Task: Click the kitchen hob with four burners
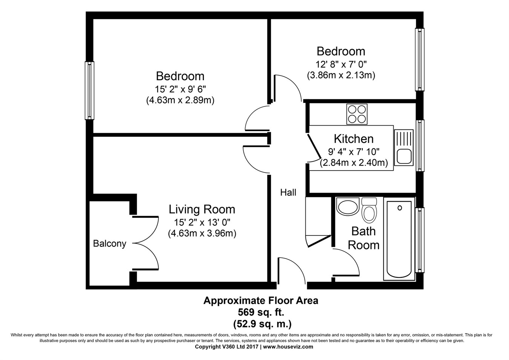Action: pyautogui.click(x=357, y=114)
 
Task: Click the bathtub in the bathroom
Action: pyautogui.click(x=399, y=240)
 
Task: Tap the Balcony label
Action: pyautogui.click(x=109, y=243)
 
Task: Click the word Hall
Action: pyautogui.click(x=288, y=192)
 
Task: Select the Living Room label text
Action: pyautogui.click(x=202, y=209)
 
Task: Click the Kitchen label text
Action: pyautogui.click(x=354, y=139)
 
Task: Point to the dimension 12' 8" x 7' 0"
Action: pyautogui.click(x=341, y=64)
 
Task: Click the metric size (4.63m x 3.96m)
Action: pyautogui.click(x=202, y=234)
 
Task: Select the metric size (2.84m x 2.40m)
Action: pyautogui.click(x=354, y=163)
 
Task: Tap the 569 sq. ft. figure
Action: pyautogui.click(x=261, y=312)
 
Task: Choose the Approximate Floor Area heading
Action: pyautogui.click(x=261, y=300)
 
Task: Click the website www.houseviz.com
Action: pyautogui.click(x=288, y=347)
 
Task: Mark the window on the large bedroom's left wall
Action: pyautogui.click(x=89, y=91)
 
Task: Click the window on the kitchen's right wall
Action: pyautogui.click(x=420, y=145)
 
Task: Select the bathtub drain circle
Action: pyautogui.click(x=400, y=208)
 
